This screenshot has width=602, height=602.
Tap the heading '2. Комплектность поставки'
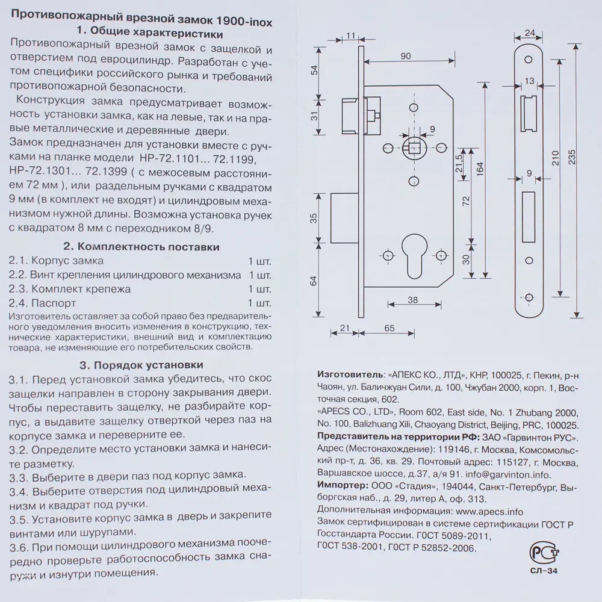141,247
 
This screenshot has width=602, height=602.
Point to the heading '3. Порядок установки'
141,365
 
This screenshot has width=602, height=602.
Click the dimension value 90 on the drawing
405,56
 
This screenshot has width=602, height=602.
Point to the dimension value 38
412,299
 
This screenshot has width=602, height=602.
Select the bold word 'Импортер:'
341,486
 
